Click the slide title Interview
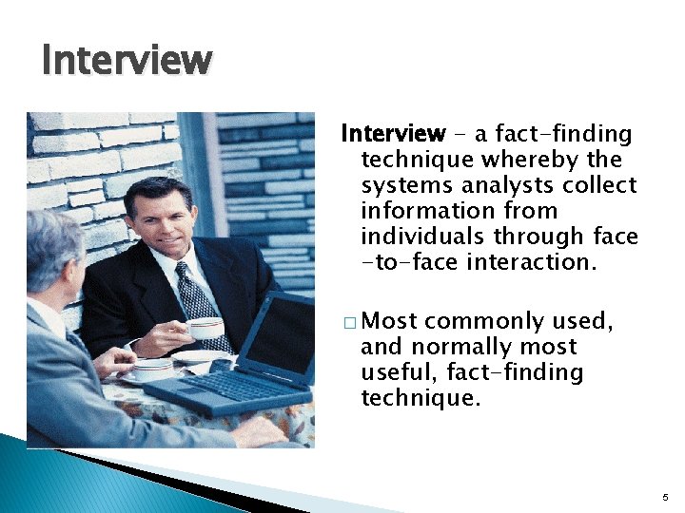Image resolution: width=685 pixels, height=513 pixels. (127, 61)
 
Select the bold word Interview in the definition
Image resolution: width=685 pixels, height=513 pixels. (393, 134)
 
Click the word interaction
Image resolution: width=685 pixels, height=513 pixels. (531, 262)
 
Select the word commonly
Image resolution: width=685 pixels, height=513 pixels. (493, 322)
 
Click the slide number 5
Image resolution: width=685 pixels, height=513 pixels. (666, 497)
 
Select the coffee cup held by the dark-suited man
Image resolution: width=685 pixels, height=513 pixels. (204, 329)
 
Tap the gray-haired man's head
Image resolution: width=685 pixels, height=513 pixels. (52, 247)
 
